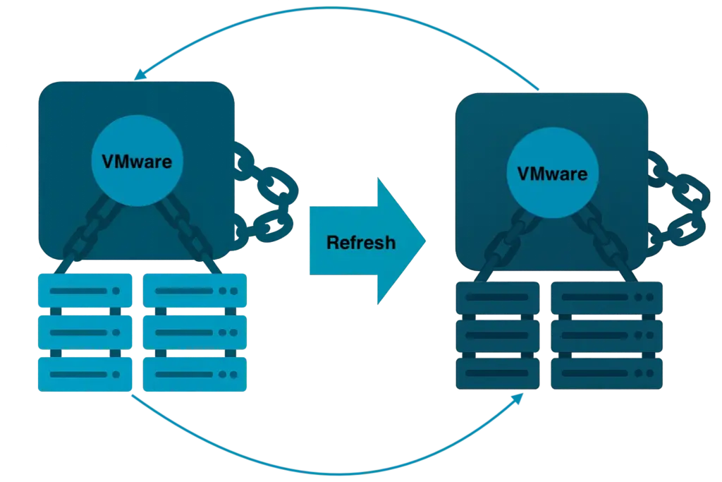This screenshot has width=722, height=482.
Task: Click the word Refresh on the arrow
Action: point(360,243)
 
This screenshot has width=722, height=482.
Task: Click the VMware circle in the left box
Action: point(136,160)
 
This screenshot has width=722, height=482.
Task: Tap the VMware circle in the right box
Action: point(552,173)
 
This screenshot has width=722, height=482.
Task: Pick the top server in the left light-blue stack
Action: point(85,290)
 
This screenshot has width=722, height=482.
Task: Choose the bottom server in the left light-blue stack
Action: point(85,373)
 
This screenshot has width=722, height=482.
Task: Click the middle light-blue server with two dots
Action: point(195,332)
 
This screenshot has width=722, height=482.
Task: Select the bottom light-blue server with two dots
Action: point(195,373)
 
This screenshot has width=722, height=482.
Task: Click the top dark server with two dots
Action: point(607,298)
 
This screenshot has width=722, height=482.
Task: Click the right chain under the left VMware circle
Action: point(187,233)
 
